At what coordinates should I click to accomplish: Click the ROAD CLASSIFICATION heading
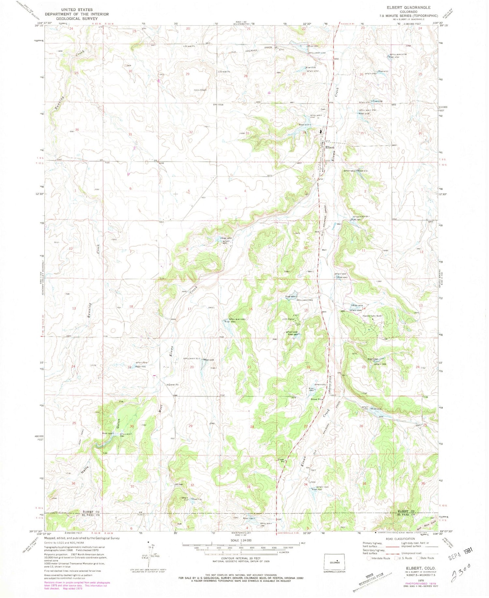click(x=401, y=539)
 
